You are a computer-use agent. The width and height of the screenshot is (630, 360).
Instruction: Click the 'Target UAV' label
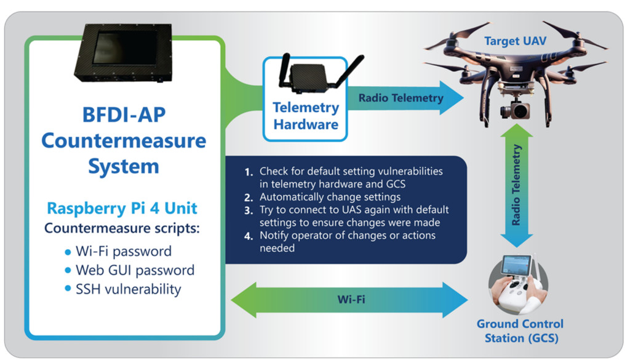[x=515, y=42]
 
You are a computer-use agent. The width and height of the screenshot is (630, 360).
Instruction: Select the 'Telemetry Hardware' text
[x=306, y=116]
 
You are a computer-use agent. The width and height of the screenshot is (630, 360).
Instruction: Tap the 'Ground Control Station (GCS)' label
[x=520, y=330]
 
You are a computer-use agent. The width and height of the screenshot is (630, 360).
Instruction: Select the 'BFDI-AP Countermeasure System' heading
[x=124, y=140]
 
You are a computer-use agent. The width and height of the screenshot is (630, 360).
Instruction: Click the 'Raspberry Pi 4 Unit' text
[x=124, y=209]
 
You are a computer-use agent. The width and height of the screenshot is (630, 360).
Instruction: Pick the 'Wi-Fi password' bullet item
[x=123, y=251]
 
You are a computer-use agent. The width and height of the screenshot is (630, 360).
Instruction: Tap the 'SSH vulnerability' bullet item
[x=128, y=289]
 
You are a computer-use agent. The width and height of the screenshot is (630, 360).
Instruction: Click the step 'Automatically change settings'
[x=330, y=197]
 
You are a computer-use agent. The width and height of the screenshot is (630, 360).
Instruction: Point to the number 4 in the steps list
[x=248, y=236]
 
